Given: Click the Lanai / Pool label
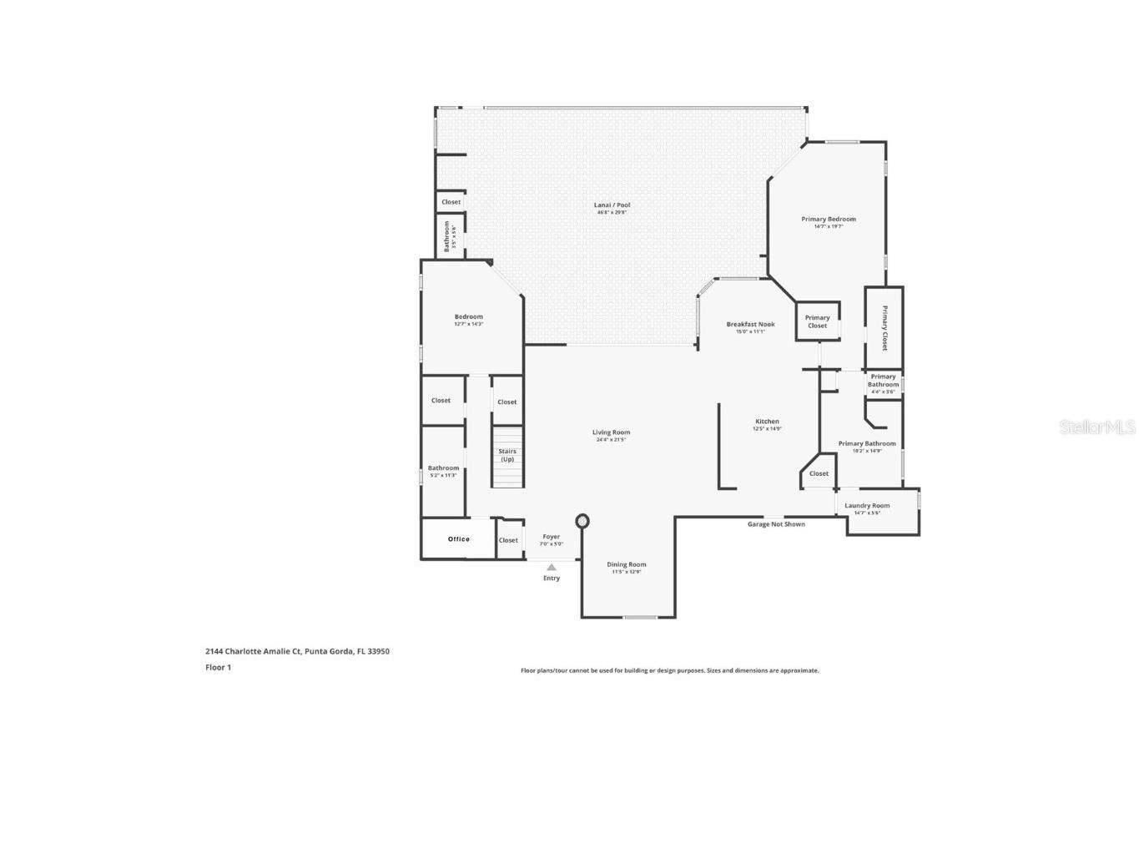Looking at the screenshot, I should pos(612,205).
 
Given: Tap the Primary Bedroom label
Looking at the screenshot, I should pos(828,220).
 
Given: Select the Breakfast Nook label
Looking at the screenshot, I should pos(750,324).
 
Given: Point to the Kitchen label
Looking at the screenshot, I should pos(767,422).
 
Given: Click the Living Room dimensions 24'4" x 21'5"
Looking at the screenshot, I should pos(611,440).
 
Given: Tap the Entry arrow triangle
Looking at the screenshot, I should pos(552,568).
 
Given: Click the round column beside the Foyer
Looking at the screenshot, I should pos(582,522).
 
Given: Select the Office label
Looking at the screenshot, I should pos(458,539).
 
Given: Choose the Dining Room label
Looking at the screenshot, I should pos(626,564).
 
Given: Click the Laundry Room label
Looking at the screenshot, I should pos(867,505).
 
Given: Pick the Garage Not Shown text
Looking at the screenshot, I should pos(776,524).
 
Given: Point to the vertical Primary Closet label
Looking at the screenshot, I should pos(884,328).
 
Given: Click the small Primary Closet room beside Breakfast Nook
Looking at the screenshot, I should pos(817,321).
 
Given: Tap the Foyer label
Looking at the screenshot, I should pos(552,537).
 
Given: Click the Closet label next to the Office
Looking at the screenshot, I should pos(508,540).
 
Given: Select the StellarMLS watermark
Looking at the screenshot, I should pos(1096,427).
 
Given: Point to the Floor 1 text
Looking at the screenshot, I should pos(218,667).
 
